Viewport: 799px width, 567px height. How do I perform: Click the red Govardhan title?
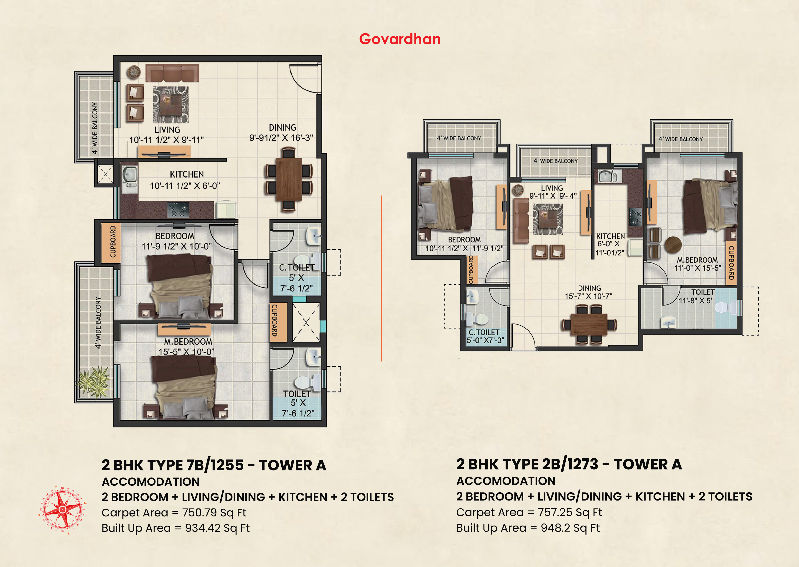[x=400, y=39]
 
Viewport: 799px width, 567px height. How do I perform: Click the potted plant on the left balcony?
[x=93, y=382]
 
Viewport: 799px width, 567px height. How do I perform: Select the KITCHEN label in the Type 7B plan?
[x=187, y=174]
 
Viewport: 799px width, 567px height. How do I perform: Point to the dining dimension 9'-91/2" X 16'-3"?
[x=281, y=138]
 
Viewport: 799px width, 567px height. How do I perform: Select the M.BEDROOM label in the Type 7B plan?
[x=188, y=342]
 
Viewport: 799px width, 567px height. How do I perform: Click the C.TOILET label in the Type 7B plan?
[x=297, y=268]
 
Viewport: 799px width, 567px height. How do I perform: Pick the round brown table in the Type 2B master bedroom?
[x=673, y=245]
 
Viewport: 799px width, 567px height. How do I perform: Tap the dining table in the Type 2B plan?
[x=589, y=324]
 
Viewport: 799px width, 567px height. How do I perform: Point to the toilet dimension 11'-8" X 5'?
[x=695, y=301]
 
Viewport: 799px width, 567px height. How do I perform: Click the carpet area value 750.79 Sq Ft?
[x=214, y=513]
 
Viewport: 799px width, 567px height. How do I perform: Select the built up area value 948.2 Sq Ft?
[x=570, y=528]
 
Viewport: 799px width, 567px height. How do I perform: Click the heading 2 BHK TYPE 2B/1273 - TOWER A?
[x=569, y=464]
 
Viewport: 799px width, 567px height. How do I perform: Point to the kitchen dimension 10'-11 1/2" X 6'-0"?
[x=185, y=186]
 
